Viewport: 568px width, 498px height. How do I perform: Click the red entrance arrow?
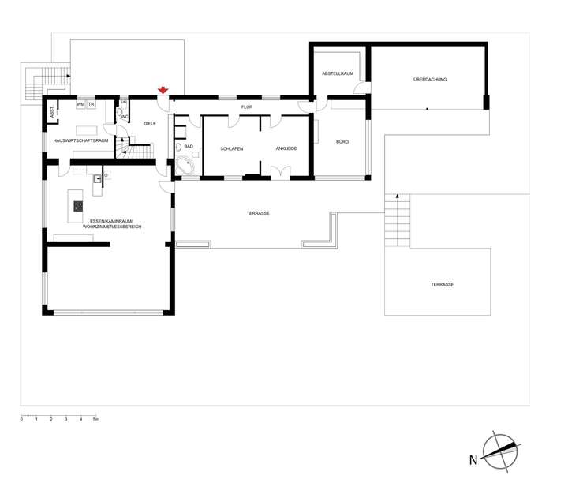[x=163, y=91]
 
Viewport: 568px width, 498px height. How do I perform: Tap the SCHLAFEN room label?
[x=232, y=148]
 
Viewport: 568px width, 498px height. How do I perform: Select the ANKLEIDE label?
[x=286, y=148]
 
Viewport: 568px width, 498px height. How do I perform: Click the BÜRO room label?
[x=342, y=142]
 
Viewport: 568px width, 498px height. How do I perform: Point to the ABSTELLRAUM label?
[x=338, y=73]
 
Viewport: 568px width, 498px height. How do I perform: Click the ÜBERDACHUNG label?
[x=429, y=80]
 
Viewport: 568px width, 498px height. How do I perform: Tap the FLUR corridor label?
[x=246, y=106]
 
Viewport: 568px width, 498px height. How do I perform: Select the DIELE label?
[x=150, y=124]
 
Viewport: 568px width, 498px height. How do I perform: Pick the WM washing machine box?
[x=80, y=104]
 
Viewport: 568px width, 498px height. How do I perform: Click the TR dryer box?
[x=92, y=104]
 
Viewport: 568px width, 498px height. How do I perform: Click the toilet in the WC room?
[x=121, y=114]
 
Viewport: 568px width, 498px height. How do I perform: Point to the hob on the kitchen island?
[x=79, y=206]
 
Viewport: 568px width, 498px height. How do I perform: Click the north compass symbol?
[x=502, y=451]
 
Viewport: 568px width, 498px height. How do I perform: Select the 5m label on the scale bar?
[x=95, y=419]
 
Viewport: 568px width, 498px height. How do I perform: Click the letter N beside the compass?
[x=473, y=459]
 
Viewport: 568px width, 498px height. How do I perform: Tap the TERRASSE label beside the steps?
[x=442, y=284]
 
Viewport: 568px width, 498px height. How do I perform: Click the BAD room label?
[x=189, y=146]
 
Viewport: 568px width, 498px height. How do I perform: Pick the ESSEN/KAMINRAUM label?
[x=108, y=222]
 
